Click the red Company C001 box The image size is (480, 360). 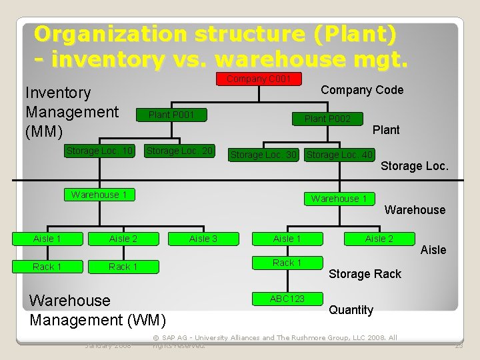259,79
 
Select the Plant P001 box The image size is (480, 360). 171,115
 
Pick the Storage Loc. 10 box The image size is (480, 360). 100,151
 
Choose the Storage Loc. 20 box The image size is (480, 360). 180,151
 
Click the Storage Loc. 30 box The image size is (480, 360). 263,155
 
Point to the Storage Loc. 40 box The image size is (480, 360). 339,155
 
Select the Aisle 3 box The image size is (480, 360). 203,239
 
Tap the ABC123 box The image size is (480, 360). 287,299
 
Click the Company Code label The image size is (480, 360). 362,90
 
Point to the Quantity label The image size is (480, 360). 351,310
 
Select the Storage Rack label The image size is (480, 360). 365,274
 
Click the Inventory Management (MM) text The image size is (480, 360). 71,112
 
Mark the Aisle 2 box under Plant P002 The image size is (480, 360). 379,239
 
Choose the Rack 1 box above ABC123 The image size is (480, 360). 287,263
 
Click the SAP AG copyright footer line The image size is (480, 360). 275,338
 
